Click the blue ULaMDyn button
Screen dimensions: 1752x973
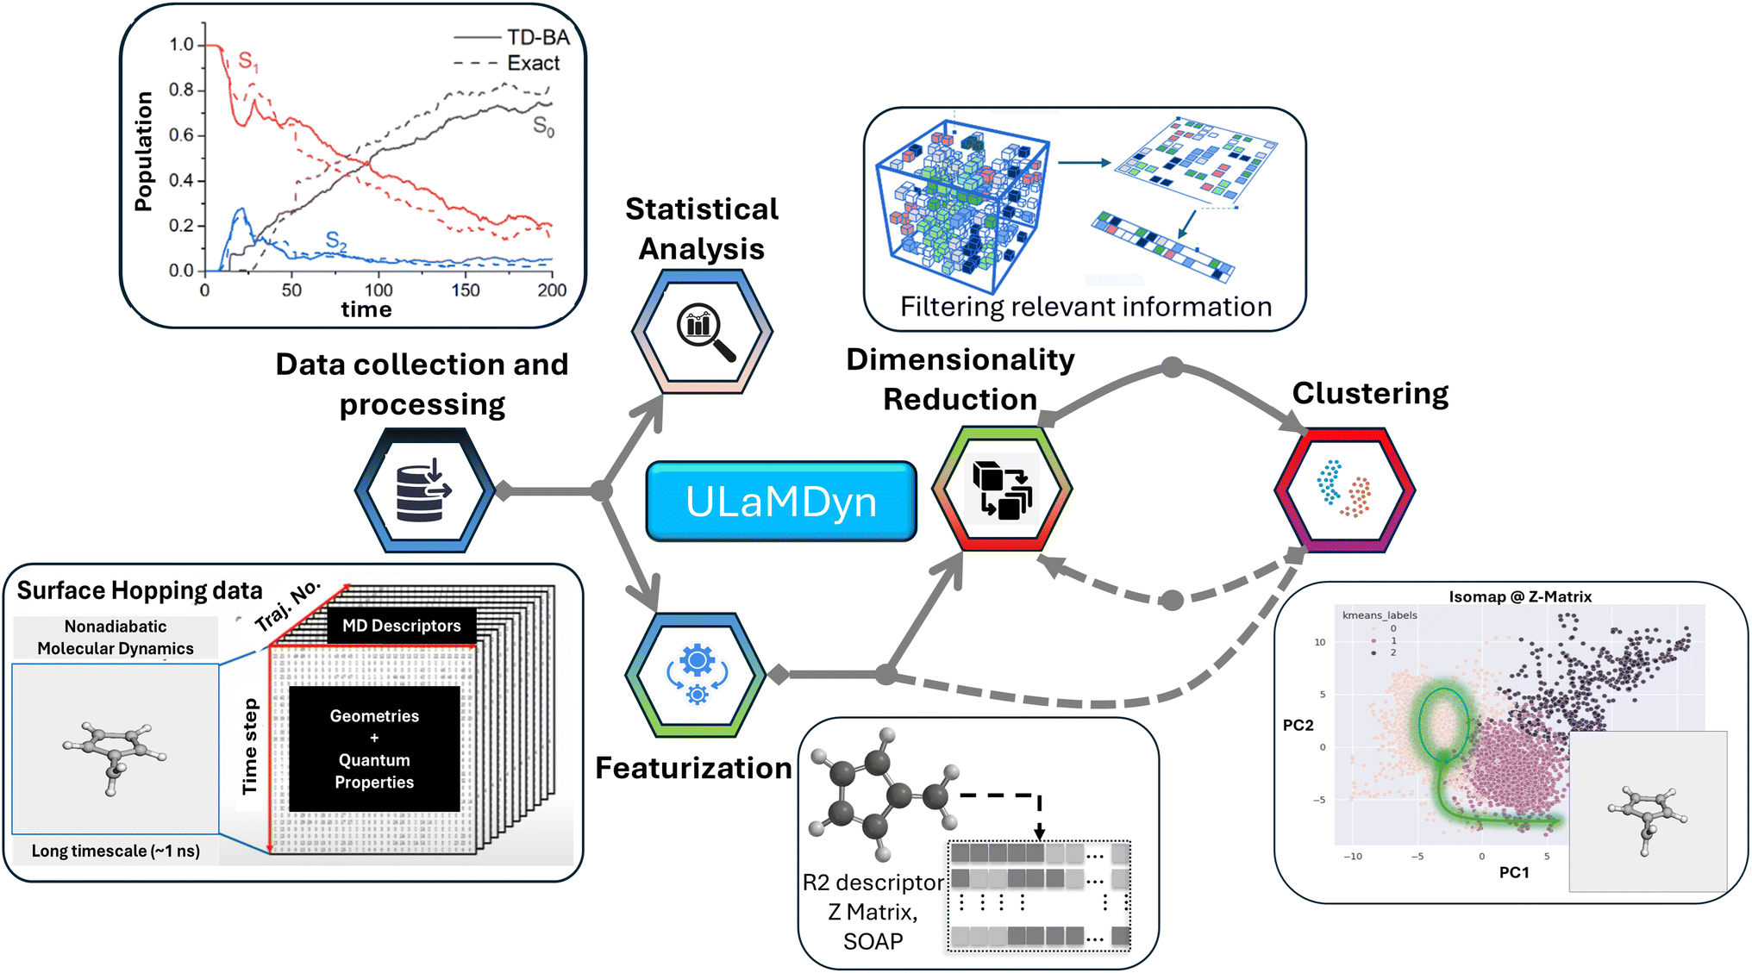coord(781,502)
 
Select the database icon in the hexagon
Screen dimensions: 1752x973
coord(423,490)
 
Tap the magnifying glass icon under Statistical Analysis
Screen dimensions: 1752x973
coord(705,332)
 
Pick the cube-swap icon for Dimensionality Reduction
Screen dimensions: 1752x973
coord(1002,490)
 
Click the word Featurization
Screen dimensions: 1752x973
coord(693,768)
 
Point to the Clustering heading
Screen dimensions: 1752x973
coord(1370,394)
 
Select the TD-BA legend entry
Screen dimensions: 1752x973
coord(511,37)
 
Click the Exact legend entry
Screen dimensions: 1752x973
coord(507,63)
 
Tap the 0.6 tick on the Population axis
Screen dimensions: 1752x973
coord(181,135)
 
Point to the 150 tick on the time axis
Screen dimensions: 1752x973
coord(466,290)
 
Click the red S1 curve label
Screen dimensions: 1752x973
coord(248,61)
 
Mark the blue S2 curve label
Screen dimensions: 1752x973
coord(336,241)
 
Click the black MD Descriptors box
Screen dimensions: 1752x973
coord(402,626)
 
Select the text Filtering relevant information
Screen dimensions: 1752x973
coord(1086,307)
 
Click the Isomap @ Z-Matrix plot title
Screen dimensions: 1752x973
coord(1520,596)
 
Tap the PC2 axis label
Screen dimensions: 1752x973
coord(1298,725)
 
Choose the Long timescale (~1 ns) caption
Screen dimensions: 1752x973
coord(116,851)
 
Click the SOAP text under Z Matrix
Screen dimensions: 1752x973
coord(873,941)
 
